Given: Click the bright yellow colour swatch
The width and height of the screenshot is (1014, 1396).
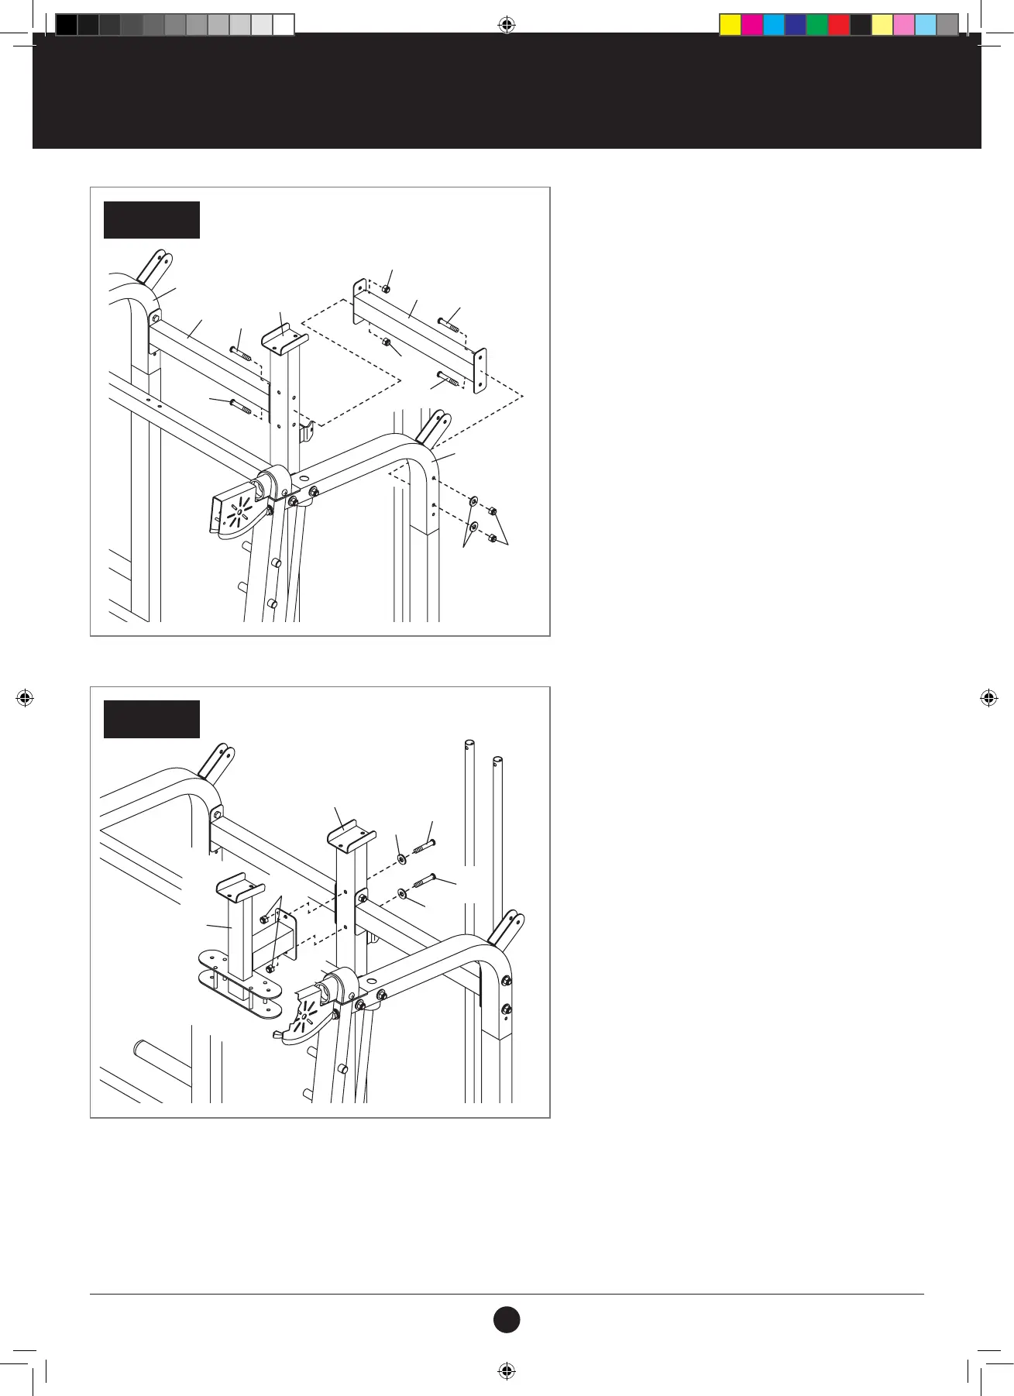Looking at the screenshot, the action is click(730, 26).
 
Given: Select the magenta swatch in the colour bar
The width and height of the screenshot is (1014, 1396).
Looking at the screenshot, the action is click(752, 26).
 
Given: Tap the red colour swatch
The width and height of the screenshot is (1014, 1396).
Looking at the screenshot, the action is click(839, 26).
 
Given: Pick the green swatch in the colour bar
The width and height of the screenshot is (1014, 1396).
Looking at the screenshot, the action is click(817, 26).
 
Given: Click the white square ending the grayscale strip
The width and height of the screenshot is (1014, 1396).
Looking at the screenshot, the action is click(284, 26).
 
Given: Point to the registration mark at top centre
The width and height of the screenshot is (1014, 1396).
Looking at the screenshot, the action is click(506, 26).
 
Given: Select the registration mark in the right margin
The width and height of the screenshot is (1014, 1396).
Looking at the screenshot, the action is click(988, 698).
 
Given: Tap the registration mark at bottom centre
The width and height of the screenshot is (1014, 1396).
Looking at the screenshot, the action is click(506, 1370).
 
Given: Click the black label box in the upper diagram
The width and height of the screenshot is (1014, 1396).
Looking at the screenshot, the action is click(152, 220).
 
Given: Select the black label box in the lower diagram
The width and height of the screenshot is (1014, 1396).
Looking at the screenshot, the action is click(152, 719).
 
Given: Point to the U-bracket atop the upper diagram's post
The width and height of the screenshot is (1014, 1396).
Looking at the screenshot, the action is click(284, 339).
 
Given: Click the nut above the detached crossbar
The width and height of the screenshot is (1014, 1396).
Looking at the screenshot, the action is click(386, 289).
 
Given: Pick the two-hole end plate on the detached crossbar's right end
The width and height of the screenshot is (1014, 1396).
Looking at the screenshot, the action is click(480, 370).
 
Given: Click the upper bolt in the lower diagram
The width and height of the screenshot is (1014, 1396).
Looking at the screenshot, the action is click(423, 845).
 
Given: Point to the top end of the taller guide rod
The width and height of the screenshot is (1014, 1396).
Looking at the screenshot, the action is click(469, 745).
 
